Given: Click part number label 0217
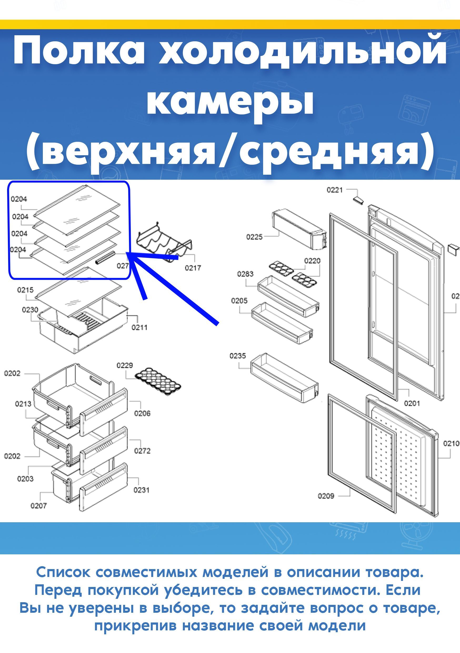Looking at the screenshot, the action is pyautogui.click(x=193, y=268).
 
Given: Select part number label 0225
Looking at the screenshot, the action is pyautogui.click(x=254, y=237).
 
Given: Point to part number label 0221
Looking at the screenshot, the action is pyautogui.click(x=334, y=190).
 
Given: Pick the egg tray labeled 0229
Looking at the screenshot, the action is pyautogui.click(x=158, y=382).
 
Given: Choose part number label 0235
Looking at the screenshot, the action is pyautogui.click(x=238, y=356).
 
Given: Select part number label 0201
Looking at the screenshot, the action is pyautogui.click(x=412, y=403).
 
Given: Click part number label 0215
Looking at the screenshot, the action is pyautogui.click(x=25, y=290).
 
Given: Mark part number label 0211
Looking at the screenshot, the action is pyautogui.click(x=139, y=328).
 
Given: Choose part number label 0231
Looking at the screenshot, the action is pyautogui.click(x=141, y=490).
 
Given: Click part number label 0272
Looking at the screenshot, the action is pyautogui.click(x=142, y=451).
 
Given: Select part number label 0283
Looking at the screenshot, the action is pyautogui.click(x=245, y=274).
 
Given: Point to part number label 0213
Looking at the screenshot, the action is pyautogui.click(x=23, y=404).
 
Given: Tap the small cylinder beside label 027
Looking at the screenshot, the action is pyautogui.click(x=105, y=258).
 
